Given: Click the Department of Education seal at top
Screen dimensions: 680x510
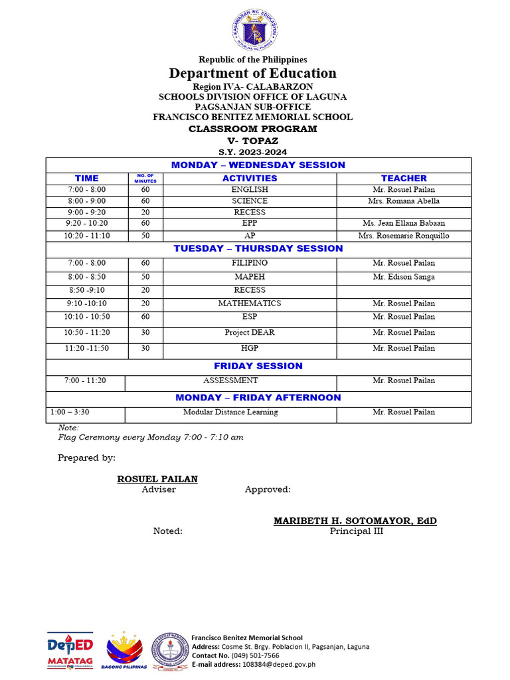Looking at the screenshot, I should [256, 30].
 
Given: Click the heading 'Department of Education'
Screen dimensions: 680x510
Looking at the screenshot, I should [252, 73].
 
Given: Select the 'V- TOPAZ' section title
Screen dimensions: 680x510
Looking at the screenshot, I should [252, 141].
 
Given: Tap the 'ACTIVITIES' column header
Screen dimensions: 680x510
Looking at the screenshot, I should [250, 178].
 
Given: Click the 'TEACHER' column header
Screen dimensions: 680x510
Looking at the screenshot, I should [404, 178].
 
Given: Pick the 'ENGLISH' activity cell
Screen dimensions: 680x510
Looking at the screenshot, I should [250, 190].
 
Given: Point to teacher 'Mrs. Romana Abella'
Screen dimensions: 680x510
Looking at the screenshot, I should [404, 201].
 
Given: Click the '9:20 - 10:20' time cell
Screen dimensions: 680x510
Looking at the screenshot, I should [86, 224].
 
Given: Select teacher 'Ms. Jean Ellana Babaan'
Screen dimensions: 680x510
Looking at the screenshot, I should [404, 224].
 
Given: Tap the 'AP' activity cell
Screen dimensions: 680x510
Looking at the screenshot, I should [250, 236].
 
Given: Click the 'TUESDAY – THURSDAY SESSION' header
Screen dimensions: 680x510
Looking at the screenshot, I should [258, 248].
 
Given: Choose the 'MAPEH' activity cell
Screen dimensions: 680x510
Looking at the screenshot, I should [250, 277].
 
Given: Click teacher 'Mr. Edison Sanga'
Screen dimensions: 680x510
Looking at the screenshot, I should [404, 277].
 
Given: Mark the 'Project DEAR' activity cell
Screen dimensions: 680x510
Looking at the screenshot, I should [250, 333].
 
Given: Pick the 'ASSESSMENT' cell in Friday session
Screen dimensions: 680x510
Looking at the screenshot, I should [230, 381].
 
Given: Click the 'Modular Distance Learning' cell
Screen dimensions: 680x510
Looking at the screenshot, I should [230, 412].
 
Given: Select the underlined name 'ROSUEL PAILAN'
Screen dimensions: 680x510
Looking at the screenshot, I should [157, 479].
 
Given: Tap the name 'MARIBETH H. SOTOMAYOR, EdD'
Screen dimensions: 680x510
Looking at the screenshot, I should [355, 521].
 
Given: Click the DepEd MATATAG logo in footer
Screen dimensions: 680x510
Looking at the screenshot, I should [70, 650].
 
